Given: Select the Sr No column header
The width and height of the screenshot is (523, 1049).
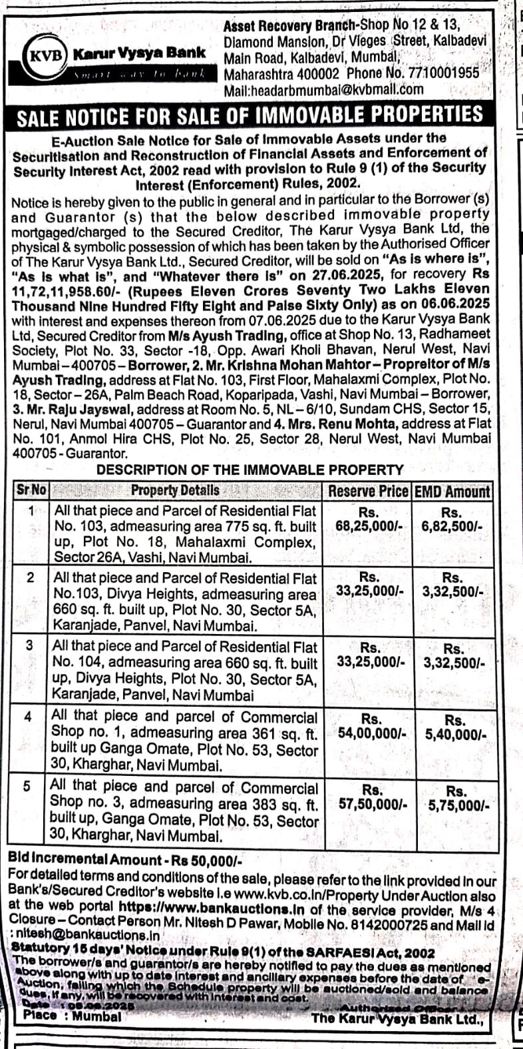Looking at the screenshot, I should pos(31,491).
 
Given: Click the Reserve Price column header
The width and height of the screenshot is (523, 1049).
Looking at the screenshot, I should pos(368,492).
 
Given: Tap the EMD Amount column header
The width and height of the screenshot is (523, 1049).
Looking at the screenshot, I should pos(452,492).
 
